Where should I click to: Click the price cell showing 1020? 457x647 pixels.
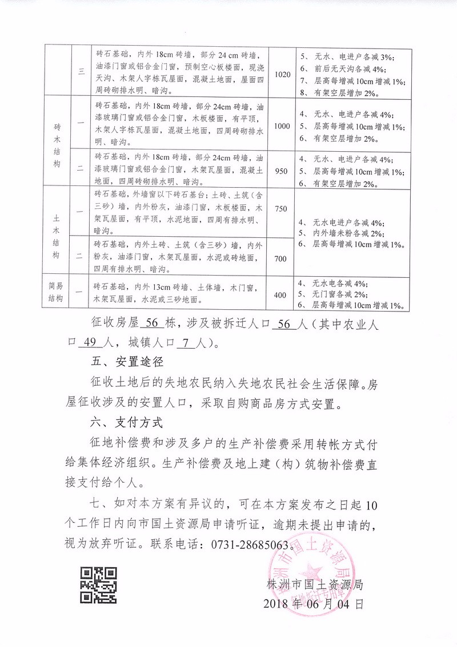(x=283, y=75)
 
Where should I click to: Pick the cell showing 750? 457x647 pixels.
(x=280, y=209)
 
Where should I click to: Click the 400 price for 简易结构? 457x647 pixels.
(x=280, y=295)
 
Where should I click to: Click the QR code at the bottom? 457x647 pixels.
(x=98, y=584)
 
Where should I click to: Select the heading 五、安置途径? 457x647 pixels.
(x=127, y=362)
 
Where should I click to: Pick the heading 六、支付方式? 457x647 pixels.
(x=127, y=424)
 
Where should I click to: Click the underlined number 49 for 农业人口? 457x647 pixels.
(x=92, y=343)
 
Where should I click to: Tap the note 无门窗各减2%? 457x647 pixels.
(x=338, y=295)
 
